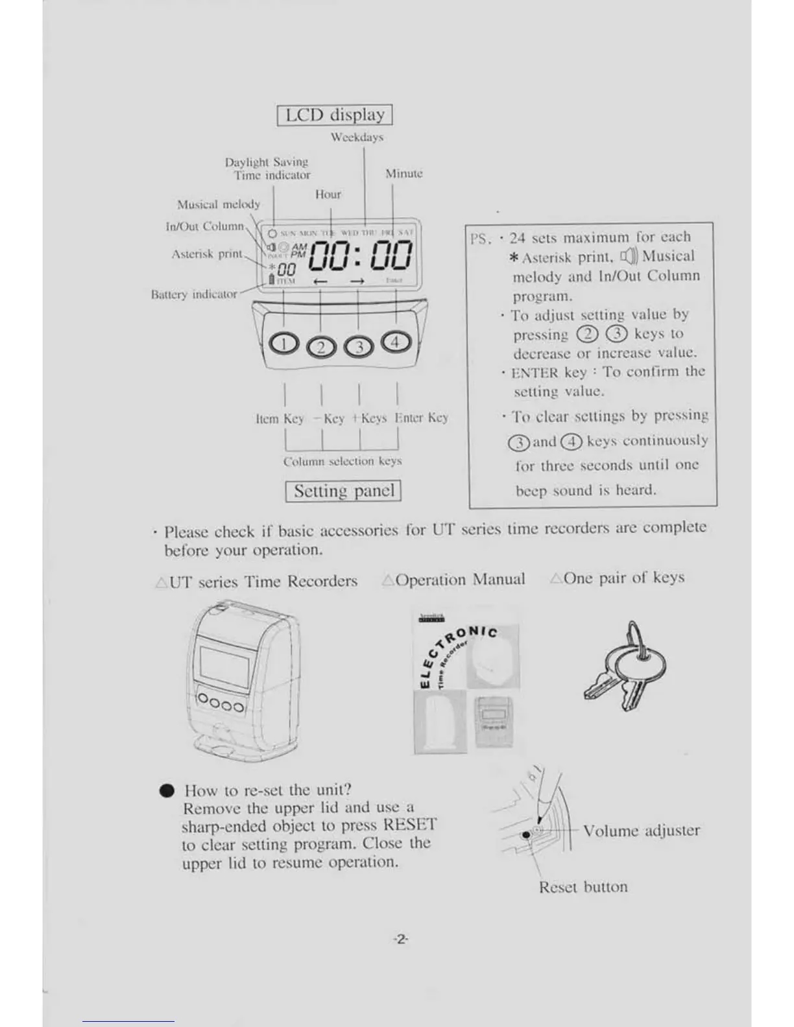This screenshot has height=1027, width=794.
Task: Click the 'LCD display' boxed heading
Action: click(335, 115)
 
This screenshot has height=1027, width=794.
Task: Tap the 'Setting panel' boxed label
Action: click(343, 491)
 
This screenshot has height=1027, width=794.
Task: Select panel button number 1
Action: click(283, 343)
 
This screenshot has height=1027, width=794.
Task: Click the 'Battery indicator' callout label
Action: click(194, 294)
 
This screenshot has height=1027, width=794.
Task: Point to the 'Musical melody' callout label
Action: click(219, 204)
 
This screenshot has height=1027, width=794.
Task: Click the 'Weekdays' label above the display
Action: click(357, 137)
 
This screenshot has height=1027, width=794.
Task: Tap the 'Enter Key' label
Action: click(421, 418)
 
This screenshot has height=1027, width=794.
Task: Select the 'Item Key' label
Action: click(280, 419)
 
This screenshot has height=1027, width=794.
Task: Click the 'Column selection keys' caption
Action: click(343, 461)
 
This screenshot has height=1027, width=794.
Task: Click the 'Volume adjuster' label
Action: click(641, 831)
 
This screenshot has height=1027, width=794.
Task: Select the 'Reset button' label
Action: click(583, 887)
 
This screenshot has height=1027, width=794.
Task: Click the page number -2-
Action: click(400, 939)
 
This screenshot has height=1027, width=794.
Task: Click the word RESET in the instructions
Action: click(409, 825)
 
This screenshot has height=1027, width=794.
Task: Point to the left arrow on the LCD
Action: click(320, 281)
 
